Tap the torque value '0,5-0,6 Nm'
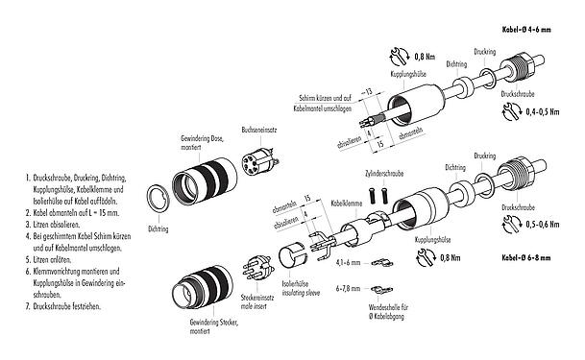[547, 228]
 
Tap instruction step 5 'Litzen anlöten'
[47, 260]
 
